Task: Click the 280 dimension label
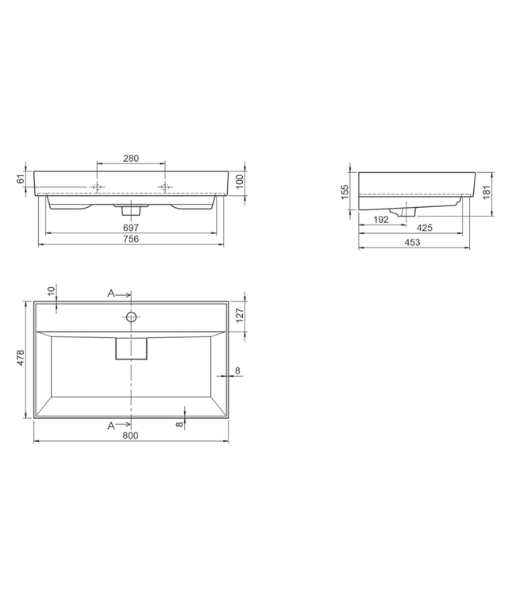click(x=131, y=159)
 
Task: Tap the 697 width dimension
click(x=131, y=228)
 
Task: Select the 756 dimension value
click(x=131, y=240)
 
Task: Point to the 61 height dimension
click(x=21, y=181)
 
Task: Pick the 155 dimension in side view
click(x=346, y=191)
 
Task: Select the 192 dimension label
click(x=381, y=220)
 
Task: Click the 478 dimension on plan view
click(x=21, y=359)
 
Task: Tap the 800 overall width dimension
click(x=131, y=436)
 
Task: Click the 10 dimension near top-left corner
click(x=51, y=291)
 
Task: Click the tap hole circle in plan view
click(x=132, y=317)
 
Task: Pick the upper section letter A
click(x=112, y=294)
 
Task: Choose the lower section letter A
click(x=112, y=426)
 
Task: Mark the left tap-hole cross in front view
click(x=98, y=187)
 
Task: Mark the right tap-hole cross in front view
click(x=165, y=187)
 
